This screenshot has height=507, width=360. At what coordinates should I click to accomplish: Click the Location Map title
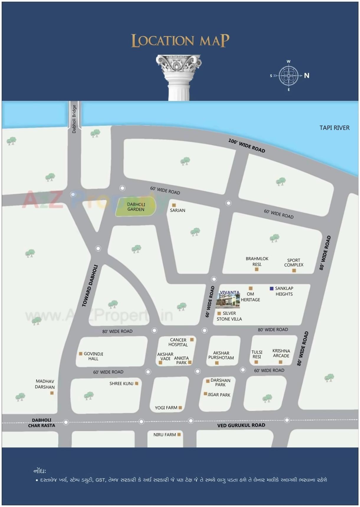[x=180, y=41]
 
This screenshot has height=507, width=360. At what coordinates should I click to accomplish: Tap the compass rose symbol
[x=288, y=76]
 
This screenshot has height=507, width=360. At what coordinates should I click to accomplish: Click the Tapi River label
[x=334, y=128]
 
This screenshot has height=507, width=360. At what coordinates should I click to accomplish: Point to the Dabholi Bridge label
[x=74, y=119]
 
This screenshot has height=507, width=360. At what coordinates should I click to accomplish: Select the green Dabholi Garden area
[x=136, y=207]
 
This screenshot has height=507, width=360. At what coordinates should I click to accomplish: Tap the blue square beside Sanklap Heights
[x=272, y=288]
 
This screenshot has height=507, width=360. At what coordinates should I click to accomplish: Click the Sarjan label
[x=177, y=210]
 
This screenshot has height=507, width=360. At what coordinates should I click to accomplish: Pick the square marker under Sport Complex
[x=294, y=270]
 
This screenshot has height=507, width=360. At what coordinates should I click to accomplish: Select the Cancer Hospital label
[x=178, y=342]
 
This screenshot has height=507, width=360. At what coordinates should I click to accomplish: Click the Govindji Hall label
[x=93, y=356]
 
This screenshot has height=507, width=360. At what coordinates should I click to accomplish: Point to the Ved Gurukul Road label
[x=241, y=425]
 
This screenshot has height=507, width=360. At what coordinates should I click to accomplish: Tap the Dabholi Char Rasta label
[x=42, y=423]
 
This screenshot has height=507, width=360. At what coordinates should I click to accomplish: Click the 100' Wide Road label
[x=247, y=146]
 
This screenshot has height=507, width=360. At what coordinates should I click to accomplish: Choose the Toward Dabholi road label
[x=90, y=286]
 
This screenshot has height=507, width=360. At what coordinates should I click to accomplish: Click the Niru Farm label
[x=165, y=434]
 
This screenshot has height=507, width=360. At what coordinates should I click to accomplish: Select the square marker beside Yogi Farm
[x=180, y=408]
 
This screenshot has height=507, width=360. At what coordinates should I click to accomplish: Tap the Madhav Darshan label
[x=45, y=384]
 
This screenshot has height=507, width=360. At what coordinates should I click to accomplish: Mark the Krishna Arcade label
[x=281, y=353]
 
